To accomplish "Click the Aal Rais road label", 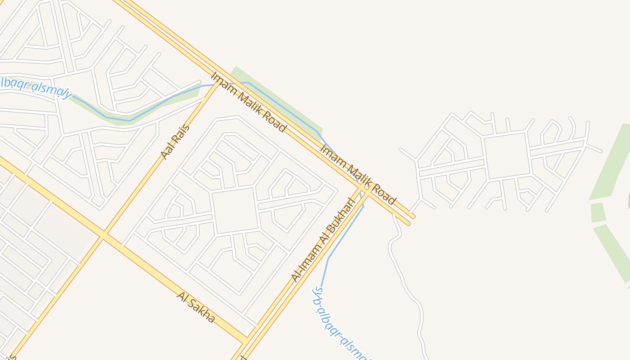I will [x=175, y=141].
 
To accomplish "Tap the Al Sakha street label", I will [x=196, y=307].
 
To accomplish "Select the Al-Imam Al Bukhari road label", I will [x=324, y=240].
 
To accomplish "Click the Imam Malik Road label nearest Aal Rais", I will [x=248, y=102].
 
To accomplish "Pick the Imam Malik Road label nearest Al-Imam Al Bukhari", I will [x=358, y=174].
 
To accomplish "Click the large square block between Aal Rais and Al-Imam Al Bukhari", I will [x=235, y=211].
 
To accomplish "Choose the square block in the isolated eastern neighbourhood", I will [x=507, y=156].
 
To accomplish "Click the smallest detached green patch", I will [x=598, y=212].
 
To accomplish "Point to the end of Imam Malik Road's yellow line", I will [x=410, y=219].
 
